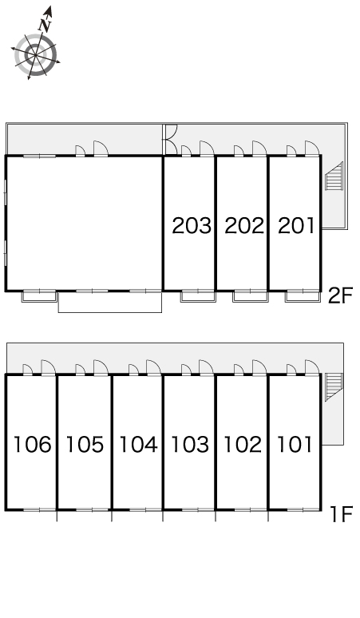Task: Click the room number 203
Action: point(192,225)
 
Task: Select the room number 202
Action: point(244,225)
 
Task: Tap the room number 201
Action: point(296,225)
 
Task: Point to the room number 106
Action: point(33,444)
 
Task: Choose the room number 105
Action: point(85,444)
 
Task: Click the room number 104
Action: point(138,444)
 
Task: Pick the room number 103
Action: point(190,444)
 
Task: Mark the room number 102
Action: point(243,444)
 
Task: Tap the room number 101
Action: point(295,444)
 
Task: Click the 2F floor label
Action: point(340,296)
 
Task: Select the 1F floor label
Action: point(341,514)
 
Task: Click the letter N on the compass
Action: point(46,25)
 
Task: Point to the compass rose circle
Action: point(36,55)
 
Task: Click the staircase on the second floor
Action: point(334,176)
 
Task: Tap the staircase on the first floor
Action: point(334,387)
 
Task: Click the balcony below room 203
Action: point(198,296)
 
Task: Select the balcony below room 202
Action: point(251,296)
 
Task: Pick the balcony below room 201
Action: point(303,296)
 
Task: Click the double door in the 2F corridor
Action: point(171,140)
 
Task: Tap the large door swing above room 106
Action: point(49,367)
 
